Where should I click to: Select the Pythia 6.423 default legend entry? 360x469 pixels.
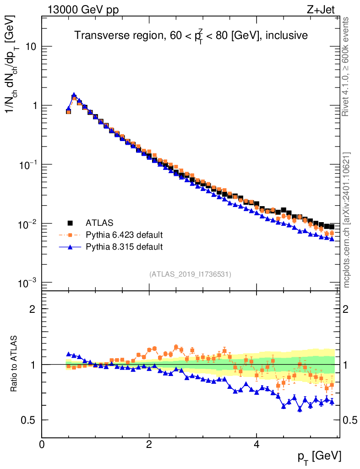[x=124, y=235]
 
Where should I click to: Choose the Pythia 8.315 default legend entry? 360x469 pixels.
[x=124, y=247]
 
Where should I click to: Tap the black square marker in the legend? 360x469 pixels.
[x=71, y=223]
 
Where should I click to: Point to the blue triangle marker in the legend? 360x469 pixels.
[x=71, y=247]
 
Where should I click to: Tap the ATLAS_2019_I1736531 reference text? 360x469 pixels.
[x=190, y=274]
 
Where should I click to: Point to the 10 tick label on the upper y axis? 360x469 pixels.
[x=30, y=47]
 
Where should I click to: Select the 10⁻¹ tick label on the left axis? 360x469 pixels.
[x=27, y=164]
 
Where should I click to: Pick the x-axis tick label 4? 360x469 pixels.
[x=256, y=445]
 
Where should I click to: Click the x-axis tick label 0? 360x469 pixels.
[x=42, y=445]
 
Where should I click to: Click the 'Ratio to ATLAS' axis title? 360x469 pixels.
[x=15, y=365]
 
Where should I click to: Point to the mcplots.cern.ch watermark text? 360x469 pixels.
[x=347, y=220]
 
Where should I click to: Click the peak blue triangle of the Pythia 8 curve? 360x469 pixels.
[x=74, y=95]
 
